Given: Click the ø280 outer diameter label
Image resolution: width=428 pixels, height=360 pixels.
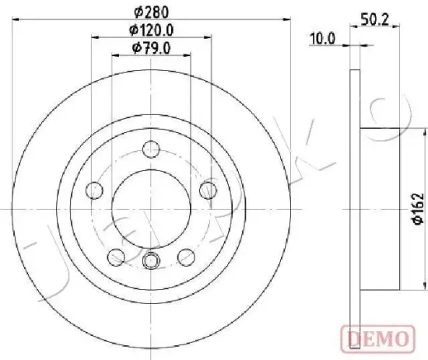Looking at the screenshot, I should coord(152,11).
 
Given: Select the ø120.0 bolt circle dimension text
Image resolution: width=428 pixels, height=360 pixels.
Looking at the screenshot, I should coord(152,30).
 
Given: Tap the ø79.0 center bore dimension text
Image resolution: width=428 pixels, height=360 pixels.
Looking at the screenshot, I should coord(152,49).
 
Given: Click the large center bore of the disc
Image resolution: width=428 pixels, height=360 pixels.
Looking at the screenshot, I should coord(152,208).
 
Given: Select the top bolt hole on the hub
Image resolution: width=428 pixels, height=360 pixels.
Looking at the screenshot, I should coord(152,149).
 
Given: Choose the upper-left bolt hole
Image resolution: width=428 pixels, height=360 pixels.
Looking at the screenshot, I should coord(94,190).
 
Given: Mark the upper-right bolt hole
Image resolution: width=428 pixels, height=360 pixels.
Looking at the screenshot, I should coord(208,190).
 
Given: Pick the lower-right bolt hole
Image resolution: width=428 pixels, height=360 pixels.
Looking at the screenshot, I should coord(187,256).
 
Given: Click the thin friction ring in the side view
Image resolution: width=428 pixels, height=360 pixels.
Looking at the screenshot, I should coord(356,208).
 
